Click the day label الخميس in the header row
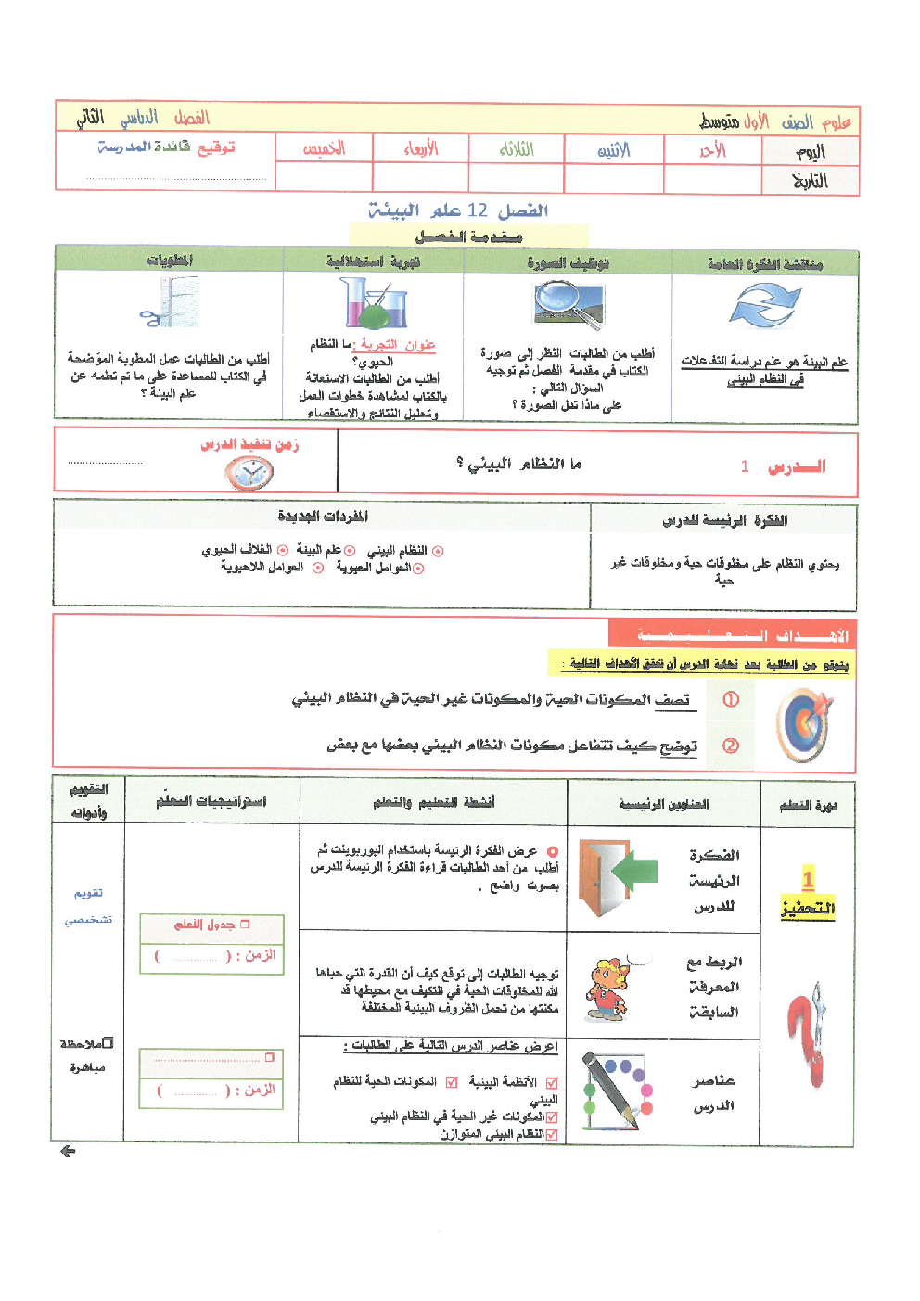point(324,148)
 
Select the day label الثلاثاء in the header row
point(517,148)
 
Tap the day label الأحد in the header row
point(712,150)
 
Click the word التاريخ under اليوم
point(810,181)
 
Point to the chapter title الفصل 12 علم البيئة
point(458,211)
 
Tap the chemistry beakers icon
point(373,304)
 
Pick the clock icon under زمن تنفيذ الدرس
point(249,474)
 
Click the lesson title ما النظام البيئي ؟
point(518,464)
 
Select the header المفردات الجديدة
point(322,517)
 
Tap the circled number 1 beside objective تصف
point(731,699)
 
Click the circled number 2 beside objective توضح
point(731,746)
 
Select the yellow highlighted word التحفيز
point(808,909)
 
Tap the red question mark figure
point(807,1034)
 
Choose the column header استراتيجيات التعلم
point(211,801)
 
